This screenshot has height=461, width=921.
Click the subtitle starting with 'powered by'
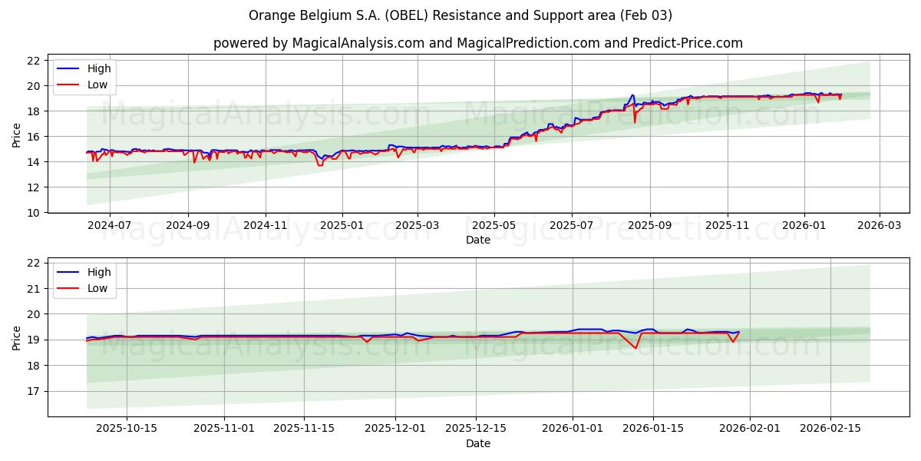pyautogui.click(x=477, y=43)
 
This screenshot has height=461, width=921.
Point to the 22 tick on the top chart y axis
pyautogui.click(x=33, y=61)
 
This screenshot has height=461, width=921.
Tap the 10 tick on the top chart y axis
pyautogui.click(x=33, y=212)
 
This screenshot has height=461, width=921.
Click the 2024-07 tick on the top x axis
pyautogui.click(x=109, y=226)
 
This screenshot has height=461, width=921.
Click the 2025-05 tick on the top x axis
pyautogui.click(x=494, y=226)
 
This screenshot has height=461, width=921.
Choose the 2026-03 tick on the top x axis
pyautogui.click(x=879, y=226)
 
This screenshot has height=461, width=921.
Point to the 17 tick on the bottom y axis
pyautogui.click(x=33, y=391)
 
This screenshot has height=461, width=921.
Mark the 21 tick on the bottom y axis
pyautogui.click(x=33, y=289)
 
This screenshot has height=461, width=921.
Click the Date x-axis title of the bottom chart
pyautogui.click(x=477, y=443)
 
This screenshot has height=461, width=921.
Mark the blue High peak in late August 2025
pyautogui.click(x=632, y=95)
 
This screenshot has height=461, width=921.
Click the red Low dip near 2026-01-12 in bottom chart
pyautogui.click(x=635, y=348)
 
